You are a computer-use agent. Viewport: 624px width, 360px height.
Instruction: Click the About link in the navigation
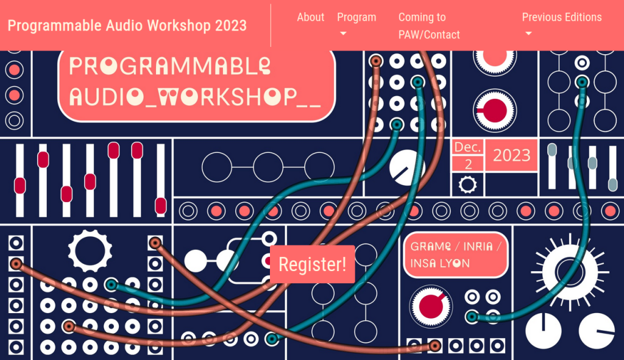(310, 17)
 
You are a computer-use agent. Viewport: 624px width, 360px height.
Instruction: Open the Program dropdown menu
(356, 17)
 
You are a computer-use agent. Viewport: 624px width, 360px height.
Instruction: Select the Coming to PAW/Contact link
(429, 26)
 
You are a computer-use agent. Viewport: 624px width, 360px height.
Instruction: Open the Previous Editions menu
(561, 17)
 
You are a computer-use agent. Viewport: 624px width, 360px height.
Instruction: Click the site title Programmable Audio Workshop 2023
(127, 26)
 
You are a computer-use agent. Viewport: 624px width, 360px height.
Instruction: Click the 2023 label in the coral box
(511, 155)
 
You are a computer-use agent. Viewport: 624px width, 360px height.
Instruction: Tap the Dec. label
(467, 147)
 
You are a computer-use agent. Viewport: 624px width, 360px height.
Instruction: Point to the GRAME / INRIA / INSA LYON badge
(455, 255)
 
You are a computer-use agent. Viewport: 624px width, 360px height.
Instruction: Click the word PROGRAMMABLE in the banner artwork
(170, 66)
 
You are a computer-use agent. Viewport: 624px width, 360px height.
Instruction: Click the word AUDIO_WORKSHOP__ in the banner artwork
(195, 97)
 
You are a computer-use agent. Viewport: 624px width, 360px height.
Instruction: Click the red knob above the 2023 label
(495, 111)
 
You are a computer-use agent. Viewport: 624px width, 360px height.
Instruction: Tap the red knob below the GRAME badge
(431, 306)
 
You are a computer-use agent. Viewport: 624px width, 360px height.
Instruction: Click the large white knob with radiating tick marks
(570, 272)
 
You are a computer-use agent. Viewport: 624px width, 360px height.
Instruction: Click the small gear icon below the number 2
(467, 185)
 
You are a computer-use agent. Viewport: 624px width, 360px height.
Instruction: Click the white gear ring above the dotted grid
(90, 251)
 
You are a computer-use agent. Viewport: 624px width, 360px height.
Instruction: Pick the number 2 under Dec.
(469, 164)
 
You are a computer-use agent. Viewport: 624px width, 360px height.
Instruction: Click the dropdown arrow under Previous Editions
(528, 34)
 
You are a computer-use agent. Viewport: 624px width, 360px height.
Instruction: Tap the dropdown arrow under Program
(343, 34)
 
